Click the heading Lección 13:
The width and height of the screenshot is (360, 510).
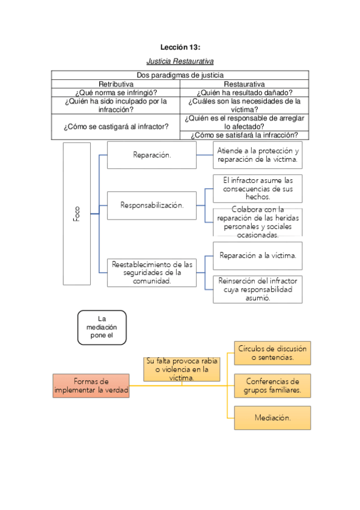pyautogui.click(x=180, y=47)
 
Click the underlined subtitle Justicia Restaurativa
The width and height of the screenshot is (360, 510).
pyautogui.click(x=180, y=61)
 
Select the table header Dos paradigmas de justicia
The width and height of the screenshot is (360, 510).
pyautogui.click(x=180, y=75)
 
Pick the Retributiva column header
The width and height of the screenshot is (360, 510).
pyautogui.click(x=115, y=84)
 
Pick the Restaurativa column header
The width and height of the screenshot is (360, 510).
pyautogui.click(x=244, y=84)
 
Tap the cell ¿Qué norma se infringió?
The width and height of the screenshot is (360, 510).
pyautogui.click(x=115, y=93)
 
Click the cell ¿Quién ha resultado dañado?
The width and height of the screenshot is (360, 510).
pyautogui.click(x=244, y=93)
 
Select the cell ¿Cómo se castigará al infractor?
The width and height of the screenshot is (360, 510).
pyautogui.click(x=115, y=127)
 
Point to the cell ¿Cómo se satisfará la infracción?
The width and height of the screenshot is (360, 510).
pyautogui.click(x=244, y=135)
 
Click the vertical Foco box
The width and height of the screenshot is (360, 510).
pyautogui.click(x=76, y=214)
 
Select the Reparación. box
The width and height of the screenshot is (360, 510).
pyautogui.click(x=151, y=155)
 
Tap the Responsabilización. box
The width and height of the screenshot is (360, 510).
pyautogui.click(x=151, y=205)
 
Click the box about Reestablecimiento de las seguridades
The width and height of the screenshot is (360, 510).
pyautogui.click(x=151, y=272)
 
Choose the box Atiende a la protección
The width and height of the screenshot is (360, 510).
pyautogui.click(x=258, y=155)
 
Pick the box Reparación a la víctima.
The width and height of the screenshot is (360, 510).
pyautogui.click(x=258, y=256)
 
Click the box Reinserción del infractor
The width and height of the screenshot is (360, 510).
pyautogui.click(x=258, y=289)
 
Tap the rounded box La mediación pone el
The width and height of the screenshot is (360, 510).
pyautogui.click(x=102, y=327)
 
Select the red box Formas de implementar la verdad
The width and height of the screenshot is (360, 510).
pyautogui.click(x=91, y=386)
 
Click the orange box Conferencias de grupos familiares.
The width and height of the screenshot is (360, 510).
pyautogui.click(x=272, y=386)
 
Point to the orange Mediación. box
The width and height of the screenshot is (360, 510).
pyautogui.click(x=272, y=417)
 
